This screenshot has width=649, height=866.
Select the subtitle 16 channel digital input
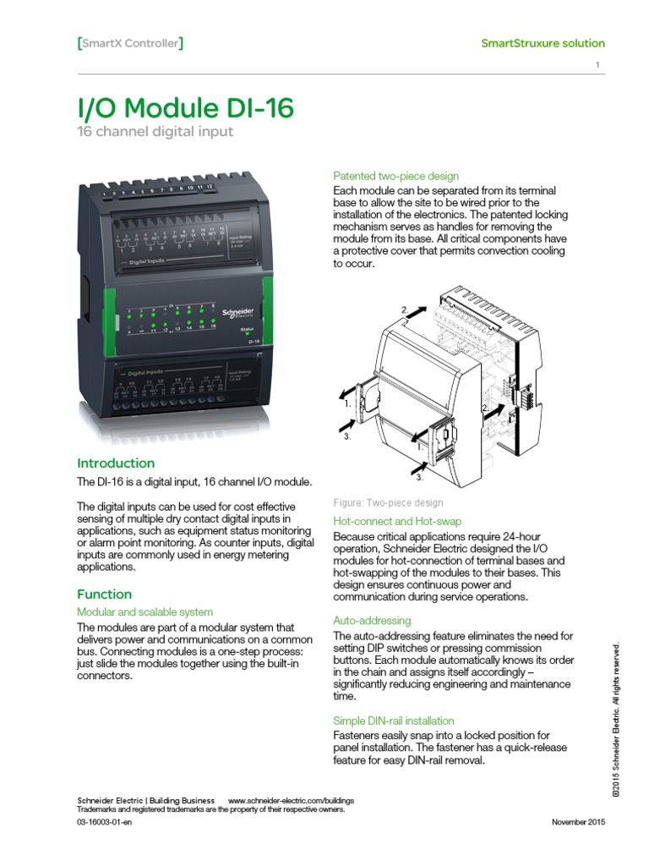155,132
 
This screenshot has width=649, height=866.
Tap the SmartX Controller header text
130,43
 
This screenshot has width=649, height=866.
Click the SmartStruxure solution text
543,43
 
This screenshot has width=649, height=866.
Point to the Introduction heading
116,463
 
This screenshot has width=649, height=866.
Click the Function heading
105,594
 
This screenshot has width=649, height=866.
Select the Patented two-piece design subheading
396,176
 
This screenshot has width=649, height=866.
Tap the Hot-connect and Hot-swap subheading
397,522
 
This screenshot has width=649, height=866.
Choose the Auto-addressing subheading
372,620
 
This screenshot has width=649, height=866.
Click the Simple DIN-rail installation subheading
394,721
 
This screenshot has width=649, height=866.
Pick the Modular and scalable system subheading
145,611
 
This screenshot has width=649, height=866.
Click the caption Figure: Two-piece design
388,502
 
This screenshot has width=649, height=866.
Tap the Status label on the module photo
247,327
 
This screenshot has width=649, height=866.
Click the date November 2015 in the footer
578,823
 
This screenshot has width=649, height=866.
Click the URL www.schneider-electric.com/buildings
291,800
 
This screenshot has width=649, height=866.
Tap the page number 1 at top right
597,66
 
